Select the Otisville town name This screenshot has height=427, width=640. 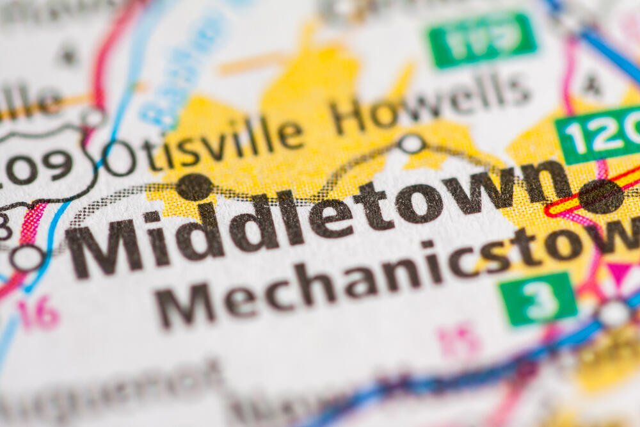[x=205, y=144]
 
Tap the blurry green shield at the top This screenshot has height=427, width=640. [x=481, y=40]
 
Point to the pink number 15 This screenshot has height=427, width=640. [x=458, y=339]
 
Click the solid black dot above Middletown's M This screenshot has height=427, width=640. [x=195, y=186]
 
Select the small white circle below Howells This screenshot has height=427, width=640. [x=411, y=143]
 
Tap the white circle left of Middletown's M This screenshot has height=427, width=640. [x=28, y=258]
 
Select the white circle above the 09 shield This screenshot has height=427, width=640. [x=93, y=118]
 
